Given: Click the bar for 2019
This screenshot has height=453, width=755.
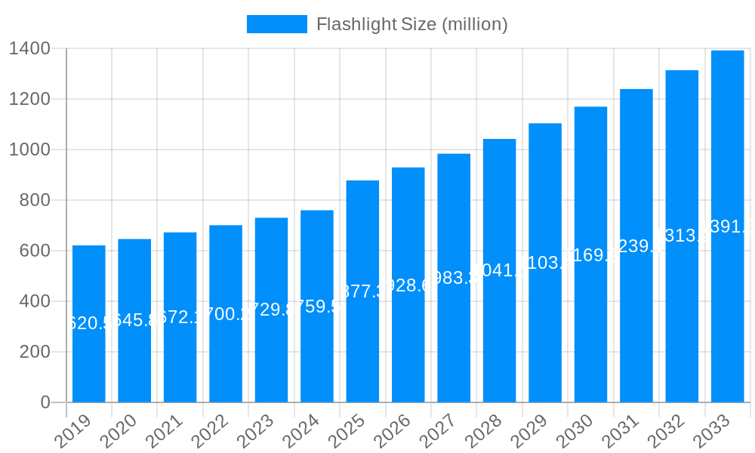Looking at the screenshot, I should [x=89, y=325].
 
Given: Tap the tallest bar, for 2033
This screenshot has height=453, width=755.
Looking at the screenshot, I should [x=728, y=226].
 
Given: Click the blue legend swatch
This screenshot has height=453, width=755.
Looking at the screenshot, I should [x=277, y=24].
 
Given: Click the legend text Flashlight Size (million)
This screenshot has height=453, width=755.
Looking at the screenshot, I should [x=411, y=24].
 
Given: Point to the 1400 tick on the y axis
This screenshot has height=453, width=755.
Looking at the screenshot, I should [x=30, y=49].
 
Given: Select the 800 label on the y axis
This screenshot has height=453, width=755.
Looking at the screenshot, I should [x=36, y=201].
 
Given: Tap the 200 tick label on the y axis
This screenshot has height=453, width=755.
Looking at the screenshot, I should [x=36, y=352].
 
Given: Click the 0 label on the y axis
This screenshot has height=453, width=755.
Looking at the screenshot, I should [x=45, y=402].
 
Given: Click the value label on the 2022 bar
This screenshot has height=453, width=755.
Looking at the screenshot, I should [x=226, y=314].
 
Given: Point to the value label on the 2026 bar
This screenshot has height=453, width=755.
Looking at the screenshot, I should [x=408, y=285].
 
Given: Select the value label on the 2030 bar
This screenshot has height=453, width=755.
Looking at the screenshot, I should [x=590, y=255].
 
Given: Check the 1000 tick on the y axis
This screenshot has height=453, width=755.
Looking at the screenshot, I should [x=30, y=150].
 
